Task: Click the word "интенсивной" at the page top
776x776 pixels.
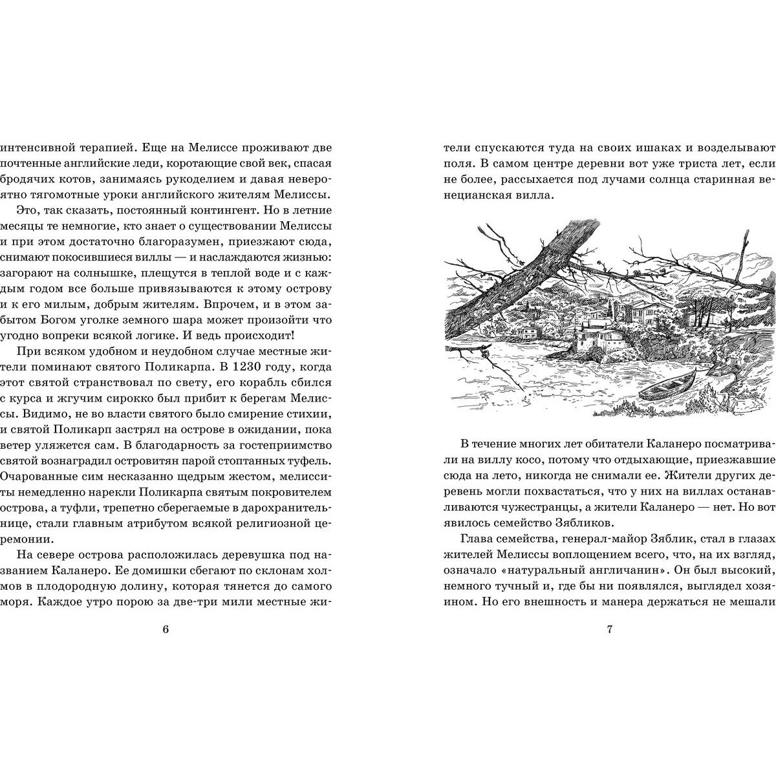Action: (38, 146)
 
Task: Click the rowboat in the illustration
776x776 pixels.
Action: (667, 386)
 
